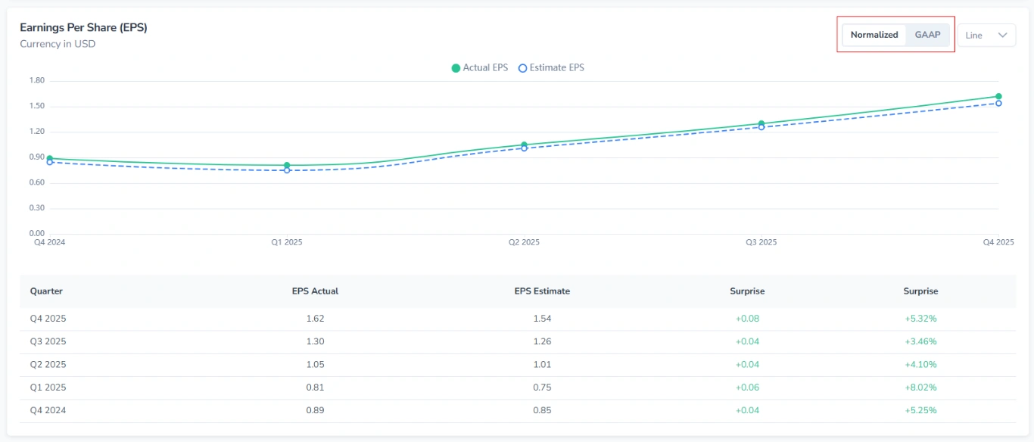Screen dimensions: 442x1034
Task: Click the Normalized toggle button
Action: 874,35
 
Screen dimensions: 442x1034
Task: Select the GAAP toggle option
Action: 927,35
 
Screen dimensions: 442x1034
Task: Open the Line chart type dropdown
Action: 986,36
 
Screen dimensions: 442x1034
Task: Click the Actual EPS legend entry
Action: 479,68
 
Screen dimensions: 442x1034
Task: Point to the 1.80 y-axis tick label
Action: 36,80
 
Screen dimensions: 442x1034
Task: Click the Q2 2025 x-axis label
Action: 524,242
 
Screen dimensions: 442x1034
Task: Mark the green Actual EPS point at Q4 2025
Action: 998,97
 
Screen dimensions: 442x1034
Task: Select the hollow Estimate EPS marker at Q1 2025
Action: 287,170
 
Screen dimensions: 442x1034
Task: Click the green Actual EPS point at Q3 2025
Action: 761,123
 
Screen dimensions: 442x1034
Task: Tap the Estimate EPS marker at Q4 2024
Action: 50,162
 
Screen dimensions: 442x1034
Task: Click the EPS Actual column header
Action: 315,291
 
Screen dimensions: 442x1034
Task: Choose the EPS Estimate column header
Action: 542,291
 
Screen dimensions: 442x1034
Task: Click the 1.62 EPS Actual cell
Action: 315,319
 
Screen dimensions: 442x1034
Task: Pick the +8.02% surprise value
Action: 920,388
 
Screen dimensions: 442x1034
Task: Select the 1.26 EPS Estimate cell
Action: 542,341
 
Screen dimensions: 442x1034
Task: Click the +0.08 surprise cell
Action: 747,319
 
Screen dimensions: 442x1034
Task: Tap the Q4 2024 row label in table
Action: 48,410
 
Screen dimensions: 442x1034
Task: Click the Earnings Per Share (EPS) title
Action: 83,27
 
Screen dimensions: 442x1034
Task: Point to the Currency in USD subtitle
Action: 58,44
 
